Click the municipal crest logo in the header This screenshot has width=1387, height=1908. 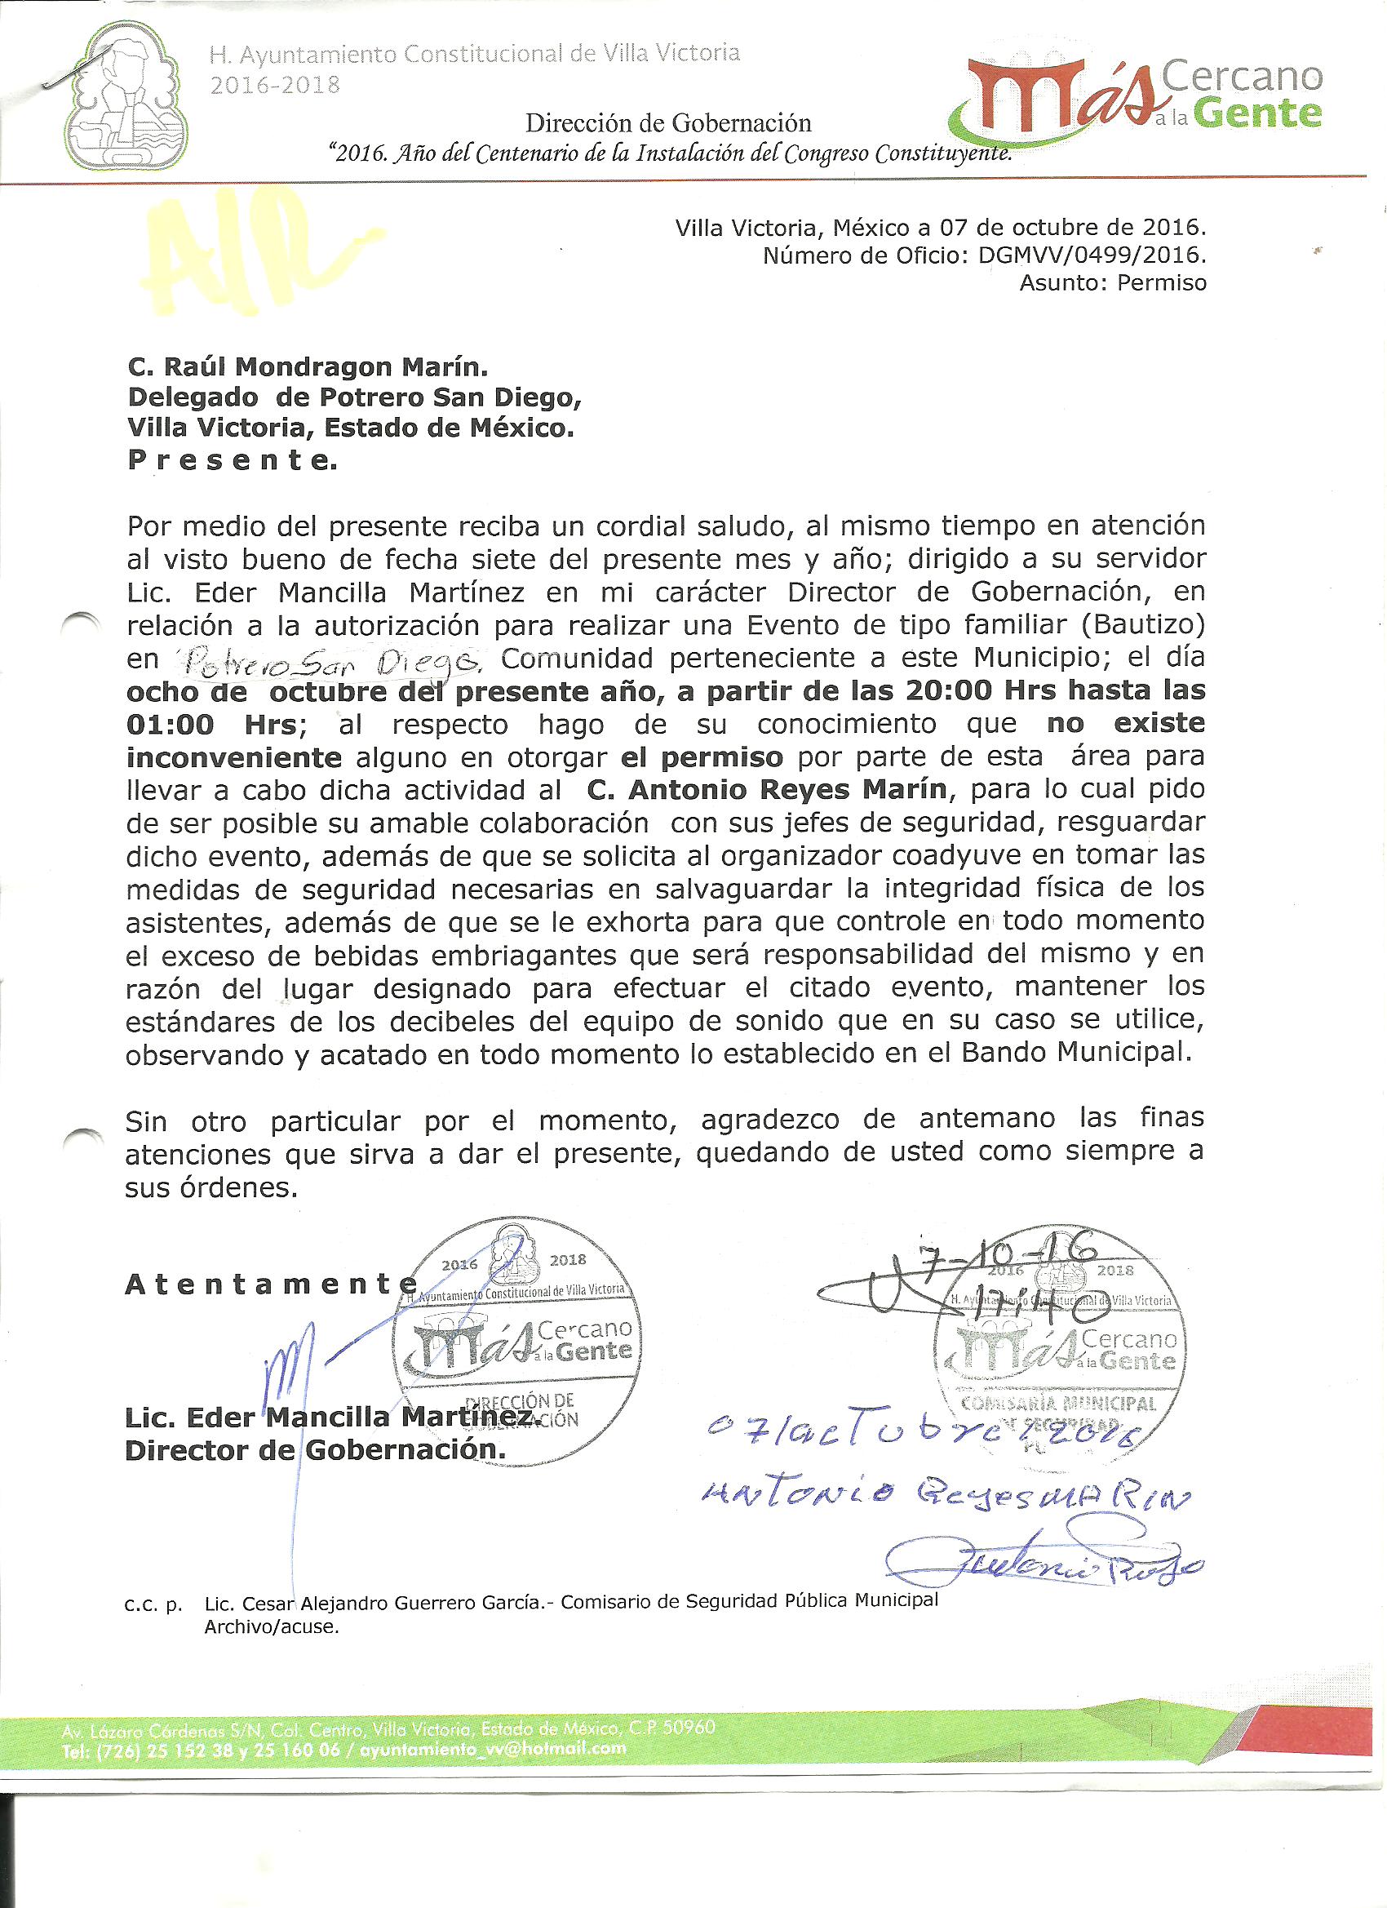click(126, 97)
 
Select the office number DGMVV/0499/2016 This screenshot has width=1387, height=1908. click(1092, 255)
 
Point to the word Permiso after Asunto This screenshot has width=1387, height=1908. click(1161, 282)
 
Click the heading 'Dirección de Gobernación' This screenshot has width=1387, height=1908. click(668, 124)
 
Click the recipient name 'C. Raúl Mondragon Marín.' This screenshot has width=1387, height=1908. click(308, 366)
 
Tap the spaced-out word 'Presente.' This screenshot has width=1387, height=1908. click(233, 460)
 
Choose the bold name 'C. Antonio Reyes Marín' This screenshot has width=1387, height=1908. click(766, 790)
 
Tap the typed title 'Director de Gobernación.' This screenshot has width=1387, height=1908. click(316, 1450)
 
